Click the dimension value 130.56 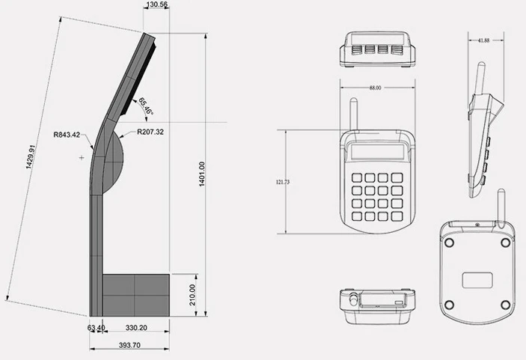click(156, 5)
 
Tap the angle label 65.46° click(144, 107)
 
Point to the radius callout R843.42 click(68, 135)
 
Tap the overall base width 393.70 click(129, 346)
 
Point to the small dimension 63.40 click(96, 327)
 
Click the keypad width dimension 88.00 click(375, 88)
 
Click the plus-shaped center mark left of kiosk click(82, 158)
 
